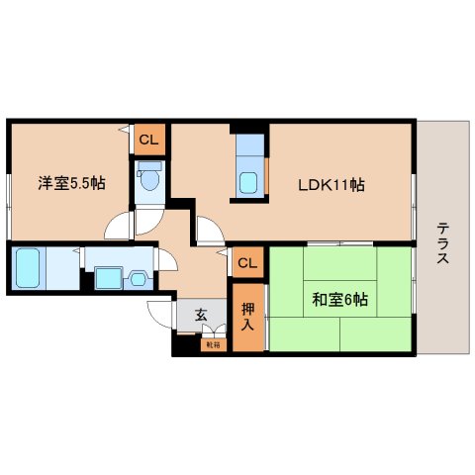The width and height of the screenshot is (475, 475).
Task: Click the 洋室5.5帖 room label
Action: click(72, 184)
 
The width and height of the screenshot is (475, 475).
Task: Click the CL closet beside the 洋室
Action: click(147, 140)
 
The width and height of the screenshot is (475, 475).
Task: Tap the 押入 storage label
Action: click(247, 316)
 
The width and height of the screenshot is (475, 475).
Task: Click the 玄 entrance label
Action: click(201, 316)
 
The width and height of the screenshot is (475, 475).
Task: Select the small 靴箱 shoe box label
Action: click(212, 345)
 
